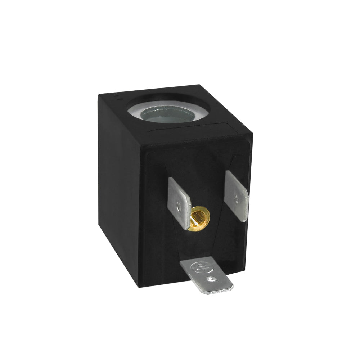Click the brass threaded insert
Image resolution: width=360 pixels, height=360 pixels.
pos(198,219)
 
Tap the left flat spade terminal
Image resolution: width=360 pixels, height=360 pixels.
pos(179,202)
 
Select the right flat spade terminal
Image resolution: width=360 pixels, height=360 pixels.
pos(236,195)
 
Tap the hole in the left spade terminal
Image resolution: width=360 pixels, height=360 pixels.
pos(179,206)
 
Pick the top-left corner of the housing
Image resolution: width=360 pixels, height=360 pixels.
pos(99,94)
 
